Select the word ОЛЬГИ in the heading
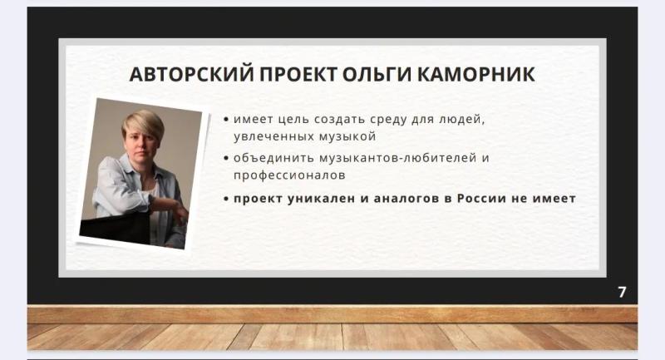(x=377, y=74)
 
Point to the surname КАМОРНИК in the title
(x=475, y=74)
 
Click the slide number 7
(x=622, y=292)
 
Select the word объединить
(x=273, y=158)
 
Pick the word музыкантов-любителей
(x=398, y=158)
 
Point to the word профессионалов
(x=289, y=175)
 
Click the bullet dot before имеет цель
(x=226, y=120)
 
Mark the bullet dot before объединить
(x=226, y=159)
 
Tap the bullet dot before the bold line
(x=226, y=199)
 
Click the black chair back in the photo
(x=115, y=228)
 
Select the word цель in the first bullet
(x=293, y=120)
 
